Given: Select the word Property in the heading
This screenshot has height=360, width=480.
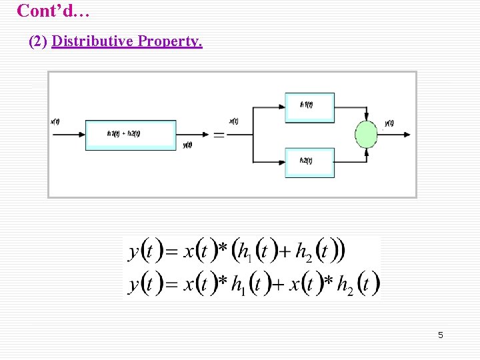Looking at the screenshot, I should pos(169,41).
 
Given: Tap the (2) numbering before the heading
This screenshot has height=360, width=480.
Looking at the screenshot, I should pos(39,41).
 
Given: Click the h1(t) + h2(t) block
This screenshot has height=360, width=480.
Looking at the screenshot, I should pos(131,135).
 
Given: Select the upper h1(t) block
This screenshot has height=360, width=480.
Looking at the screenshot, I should pos(309,107).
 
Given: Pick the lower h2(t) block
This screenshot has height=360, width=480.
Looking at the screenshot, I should pos(309,162).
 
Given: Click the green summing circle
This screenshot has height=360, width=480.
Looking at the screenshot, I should pos(366,134).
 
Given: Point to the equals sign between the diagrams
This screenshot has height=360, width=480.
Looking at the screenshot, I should pos(219,135).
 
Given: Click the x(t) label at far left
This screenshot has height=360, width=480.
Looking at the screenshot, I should pos(55,121).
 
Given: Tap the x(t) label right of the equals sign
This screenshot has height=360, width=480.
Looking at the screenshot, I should pos(234,121).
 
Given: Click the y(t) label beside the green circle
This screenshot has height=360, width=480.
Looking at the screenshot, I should pos(389,123).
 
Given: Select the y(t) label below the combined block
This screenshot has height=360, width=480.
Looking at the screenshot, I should pos(187,145).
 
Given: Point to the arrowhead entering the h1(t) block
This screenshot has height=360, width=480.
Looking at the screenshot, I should pos(282,107).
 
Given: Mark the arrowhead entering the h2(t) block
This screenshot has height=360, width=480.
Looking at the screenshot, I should pos(282,162).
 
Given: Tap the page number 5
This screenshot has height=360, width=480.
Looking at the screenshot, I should pos(440,335).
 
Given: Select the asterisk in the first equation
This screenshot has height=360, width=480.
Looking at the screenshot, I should pos(223,249).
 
